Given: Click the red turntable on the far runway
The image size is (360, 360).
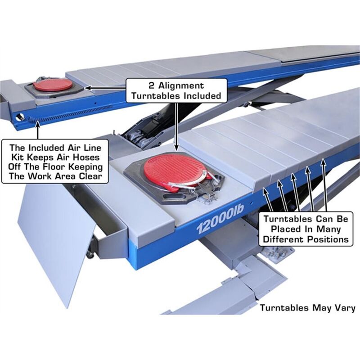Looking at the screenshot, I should pos(53,85).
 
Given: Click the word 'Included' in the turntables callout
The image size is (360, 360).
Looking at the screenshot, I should pos(200,95).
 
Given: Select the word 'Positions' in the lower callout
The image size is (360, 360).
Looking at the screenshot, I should pos(327,239).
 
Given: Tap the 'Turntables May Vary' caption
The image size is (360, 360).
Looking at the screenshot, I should pos(307,308).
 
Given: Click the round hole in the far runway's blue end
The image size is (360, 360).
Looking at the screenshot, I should pos(18,117).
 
